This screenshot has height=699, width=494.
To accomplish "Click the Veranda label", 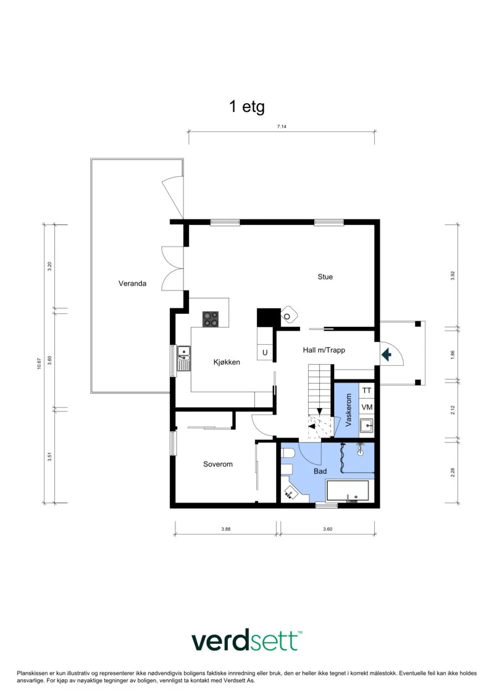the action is (132, 283).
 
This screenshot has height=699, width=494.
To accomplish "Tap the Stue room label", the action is (325, 277).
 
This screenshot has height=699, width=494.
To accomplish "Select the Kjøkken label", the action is (227, 362).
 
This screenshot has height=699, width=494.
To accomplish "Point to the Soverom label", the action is (218, 464).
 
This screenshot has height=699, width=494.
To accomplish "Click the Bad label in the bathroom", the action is (320, 471).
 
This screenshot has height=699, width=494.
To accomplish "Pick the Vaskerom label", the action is (349, 410).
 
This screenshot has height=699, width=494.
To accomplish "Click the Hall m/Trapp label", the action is (324, 350).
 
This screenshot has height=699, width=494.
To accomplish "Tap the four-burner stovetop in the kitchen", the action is (211, 319).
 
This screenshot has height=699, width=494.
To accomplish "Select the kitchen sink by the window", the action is (183, 358).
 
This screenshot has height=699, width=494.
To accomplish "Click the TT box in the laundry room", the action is (367, 391).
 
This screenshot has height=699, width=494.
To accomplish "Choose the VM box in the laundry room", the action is (367, 407).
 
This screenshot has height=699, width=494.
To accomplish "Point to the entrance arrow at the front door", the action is (386, 355).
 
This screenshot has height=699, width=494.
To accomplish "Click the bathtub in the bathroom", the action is (348, 491).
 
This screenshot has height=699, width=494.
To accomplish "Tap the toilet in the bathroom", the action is (288, 454).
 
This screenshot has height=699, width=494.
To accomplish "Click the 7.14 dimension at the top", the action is (282, 127).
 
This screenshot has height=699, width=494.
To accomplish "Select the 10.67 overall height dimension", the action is (39, 363).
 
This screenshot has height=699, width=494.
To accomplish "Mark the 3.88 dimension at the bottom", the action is (226, 529).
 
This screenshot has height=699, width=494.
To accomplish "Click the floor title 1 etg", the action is (247, 106).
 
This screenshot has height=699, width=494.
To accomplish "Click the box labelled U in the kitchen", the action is (265, 352).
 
